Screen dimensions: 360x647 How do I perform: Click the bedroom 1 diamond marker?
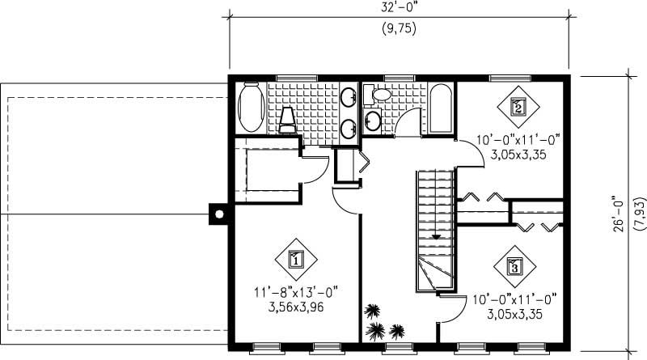[295, 260]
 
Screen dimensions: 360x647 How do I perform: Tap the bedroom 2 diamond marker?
[518, 105]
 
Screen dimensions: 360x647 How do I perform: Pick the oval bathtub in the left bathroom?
[250, 110]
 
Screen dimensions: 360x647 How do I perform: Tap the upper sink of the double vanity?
[349, 99]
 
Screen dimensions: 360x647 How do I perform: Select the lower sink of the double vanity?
[349, 127]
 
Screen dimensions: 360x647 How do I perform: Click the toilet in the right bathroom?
[378, 95]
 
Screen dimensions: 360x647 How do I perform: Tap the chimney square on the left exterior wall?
[218, 214]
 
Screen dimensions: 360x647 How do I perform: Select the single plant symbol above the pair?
[373, 310]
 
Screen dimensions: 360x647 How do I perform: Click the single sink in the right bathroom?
[373, 121]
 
